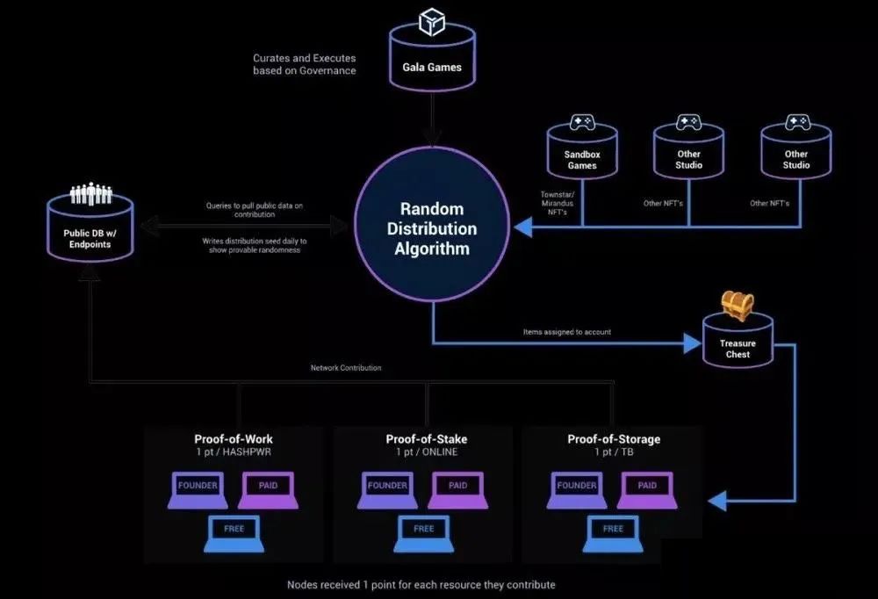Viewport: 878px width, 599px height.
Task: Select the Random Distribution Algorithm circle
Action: [x=432, y=227]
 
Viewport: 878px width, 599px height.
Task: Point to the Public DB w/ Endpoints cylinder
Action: [x=90, y=231]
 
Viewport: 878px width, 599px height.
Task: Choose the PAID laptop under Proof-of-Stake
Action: [x=457, y=490]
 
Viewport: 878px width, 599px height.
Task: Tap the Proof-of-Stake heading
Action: [x=426, y=439]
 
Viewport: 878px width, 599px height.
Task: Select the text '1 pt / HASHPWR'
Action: [x=234, y=452]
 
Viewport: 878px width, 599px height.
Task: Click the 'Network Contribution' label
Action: [x=346, y=368]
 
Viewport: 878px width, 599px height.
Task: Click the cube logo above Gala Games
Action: [x=432, y=21]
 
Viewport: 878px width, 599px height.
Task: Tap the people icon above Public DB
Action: [x=90, y=193]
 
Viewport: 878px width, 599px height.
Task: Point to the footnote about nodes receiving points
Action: [x=421, y=584]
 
